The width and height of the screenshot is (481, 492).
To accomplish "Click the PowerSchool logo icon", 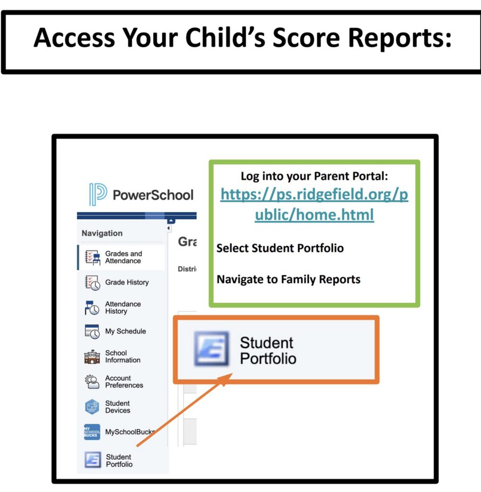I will (x=98, y=195).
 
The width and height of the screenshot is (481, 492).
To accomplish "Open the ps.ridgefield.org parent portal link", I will (x=314, y=205).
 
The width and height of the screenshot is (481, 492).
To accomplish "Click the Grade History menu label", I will (x=127, y=282).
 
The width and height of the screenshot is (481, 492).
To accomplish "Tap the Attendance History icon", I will (x=92, y=307).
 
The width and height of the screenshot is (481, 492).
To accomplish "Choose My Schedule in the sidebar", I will (x=125, y=331).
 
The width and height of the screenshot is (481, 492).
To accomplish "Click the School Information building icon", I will (x=92, y=357).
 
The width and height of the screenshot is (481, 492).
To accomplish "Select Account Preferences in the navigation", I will (x=124, y=381).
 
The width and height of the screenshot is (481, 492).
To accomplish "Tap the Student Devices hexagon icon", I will (x=92, y=407).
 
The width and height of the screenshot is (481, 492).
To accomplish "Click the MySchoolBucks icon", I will (x=92, y=432).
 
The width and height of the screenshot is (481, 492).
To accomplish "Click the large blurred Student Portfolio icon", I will (x=211, y=349).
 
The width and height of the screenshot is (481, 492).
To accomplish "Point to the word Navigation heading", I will (x=102, y=233).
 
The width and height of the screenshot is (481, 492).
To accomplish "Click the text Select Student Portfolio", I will (x=280, y=248).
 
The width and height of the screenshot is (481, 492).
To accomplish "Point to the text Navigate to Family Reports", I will (x=288, y=279).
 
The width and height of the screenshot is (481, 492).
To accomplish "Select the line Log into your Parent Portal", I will (x=314, y=176).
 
